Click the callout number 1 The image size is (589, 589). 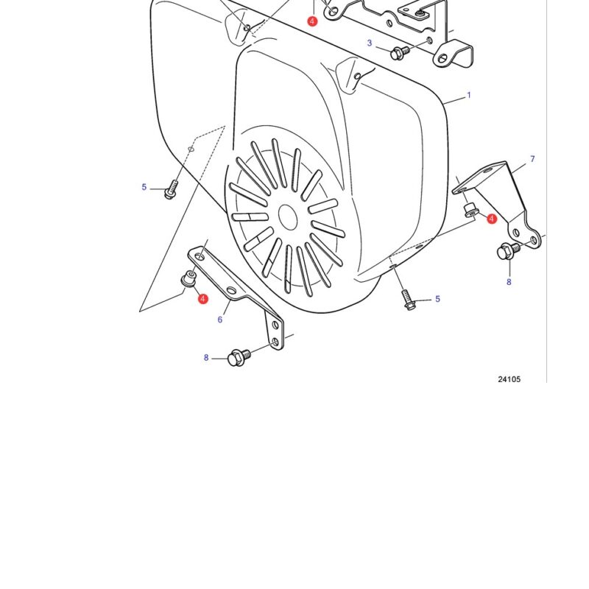468,96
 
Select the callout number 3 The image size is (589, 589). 370,43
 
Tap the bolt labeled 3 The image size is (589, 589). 400,52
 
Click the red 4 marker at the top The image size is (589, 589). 312,21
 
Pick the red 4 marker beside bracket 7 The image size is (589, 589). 492,219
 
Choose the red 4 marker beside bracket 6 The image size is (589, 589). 203,299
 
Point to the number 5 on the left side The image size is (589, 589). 144,187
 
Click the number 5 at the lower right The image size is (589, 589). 437,299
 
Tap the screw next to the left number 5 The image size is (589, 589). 171,189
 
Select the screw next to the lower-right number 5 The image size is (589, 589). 408,300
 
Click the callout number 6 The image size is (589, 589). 220,320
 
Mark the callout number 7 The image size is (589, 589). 532,159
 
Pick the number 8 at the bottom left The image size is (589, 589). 206,358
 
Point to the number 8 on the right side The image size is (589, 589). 509,282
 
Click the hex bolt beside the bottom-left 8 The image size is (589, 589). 239,357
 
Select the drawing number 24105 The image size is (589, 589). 509,379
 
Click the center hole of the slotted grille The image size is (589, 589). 288,217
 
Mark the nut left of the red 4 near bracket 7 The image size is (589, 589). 470,211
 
